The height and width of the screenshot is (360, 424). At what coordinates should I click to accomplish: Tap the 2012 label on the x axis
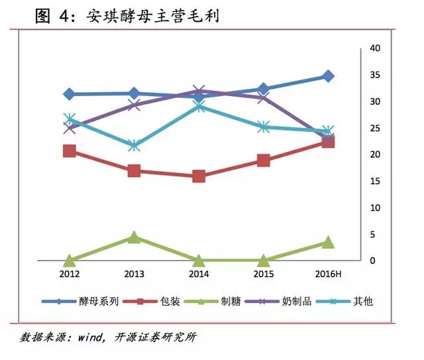coord(70,274)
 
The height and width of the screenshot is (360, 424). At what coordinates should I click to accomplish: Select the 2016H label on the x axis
coord(328,274)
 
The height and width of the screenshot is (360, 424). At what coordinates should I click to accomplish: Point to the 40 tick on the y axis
coord(375,48)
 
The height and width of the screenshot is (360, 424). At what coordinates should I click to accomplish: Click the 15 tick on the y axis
coord(375,181)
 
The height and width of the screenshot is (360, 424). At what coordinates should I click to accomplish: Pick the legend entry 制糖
coord(231,301)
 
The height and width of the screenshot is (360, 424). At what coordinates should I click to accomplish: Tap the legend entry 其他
coord(364,301)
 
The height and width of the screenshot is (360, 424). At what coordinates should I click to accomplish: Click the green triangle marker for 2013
coord(134,237)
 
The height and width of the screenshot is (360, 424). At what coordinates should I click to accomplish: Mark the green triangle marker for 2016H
coord(328,242)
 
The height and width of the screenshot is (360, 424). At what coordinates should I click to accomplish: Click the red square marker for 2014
coord(199,176)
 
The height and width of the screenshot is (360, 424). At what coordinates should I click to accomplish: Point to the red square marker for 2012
coord(70,151)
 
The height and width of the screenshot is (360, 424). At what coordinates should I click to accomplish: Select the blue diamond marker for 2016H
coord(328,76)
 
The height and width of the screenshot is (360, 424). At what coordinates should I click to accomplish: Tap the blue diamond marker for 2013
coord(134,93)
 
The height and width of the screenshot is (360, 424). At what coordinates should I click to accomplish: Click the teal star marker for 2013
coord(134,145)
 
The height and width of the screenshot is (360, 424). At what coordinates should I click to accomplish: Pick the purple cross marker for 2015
coord(263,97)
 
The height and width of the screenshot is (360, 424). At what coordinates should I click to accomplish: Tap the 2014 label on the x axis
coord(199,274)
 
